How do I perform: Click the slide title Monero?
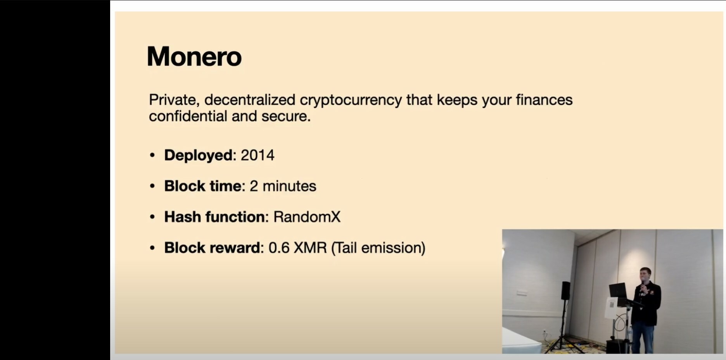194,57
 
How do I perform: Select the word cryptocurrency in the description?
351,100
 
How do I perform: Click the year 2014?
258,155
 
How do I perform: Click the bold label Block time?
203,186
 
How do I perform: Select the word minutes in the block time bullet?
289,186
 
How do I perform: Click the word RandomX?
307,217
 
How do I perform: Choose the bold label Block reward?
212,247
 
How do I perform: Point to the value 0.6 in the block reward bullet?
279,248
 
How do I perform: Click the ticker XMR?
310,248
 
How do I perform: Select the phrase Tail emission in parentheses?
378,248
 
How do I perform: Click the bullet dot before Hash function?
152,217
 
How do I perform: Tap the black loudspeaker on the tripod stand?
566,291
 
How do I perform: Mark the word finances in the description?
544,100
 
